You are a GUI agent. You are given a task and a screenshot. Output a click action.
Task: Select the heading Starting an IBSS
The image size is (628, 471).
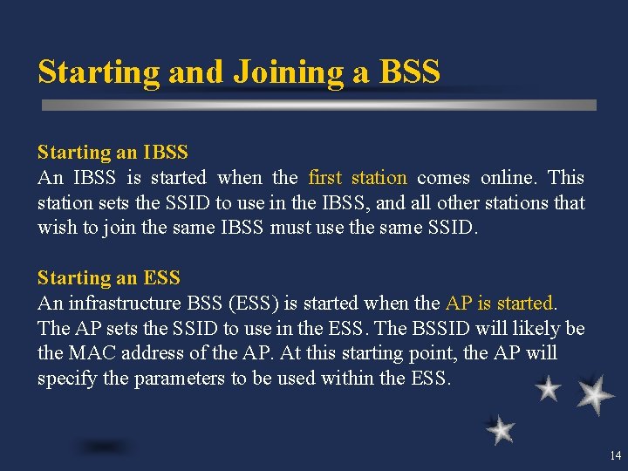113,153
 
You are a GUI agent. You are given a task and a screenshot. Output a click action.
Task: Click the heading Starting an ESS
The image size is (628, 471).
108,278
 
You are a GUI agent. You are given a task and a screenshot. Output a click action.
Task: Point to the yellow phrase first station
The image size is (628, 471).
358,178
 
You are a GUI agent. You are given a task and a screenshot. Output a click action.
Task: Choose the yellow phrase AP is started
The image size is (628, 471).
500,304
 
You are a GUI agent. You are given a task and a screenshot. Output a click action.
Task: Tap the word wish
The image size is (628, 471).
55,229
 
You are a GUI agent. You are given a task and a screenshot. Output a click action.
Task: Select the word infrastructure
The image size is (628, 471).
129,304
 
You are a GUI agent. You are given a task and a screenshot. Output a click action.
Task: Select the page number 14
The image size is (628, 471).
615,455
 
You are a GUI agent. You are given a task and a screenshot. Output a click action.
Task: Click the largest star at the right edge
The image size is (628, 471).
595,394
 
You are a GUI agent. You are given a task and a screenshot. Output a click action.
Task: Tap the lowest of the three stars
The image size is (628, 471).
500,429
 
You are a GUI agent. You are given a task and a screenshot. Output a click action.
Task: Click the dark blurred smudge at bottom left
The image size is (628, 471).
105,447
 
